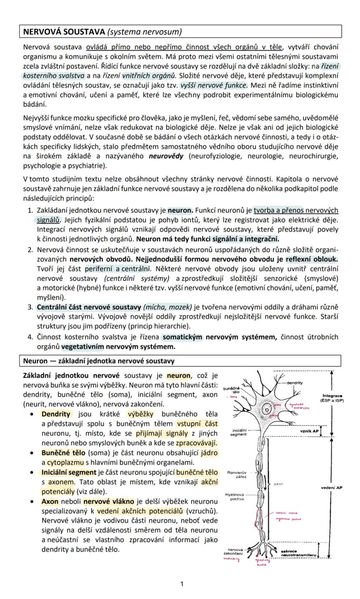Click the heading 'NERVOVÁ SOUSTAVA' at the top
[x=64, y=32]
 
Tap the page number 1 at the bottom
[x=182, y=583]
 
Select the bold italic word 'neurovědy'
[x=166, y=156]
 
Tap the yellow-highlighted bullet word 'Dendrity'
[x=56, y=414]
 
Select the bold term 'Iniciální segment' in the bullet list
[x=69, y=472]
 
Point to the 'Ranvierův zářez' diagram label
[x=237, y=474]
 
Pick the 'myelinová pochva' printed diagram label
[x=235, y=497]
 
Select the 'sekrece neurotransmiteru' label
[x=297, y=553]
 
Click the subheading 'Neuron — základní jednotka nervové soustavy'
[x=99, y=361]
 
